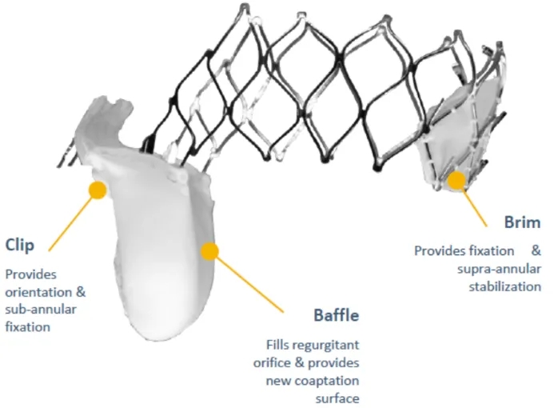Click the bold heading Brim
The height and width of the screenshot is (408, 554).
point(523,222)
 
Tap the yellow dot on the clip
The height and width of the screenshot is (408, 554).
point(98,190)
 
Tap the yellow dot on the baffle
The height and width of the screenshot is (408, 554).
point(209,251)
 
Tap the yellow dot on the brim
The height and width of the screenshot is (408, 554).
point(456,180)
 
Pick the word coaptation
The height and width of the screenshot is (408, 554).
point(332,380)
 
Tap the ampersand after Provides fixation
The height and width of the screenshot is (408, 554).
point(536,251)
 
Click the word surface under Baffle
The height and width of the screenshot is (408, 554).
point(338,398)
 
